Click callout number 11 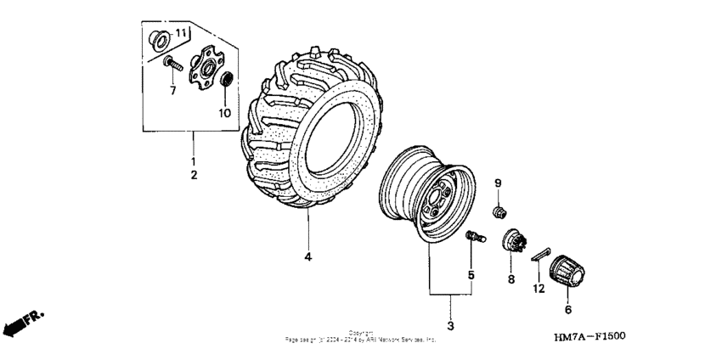(x=180, y=33)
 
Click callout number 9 (x=499, y=183)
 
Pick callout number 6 (x=567, y=312)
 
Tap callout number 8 (x=511, y=278)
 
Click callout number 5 (x=471, y=275)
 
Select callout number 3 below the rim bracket (x=451, y=326)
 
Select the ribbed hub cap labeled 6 (x=567, y=273)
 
